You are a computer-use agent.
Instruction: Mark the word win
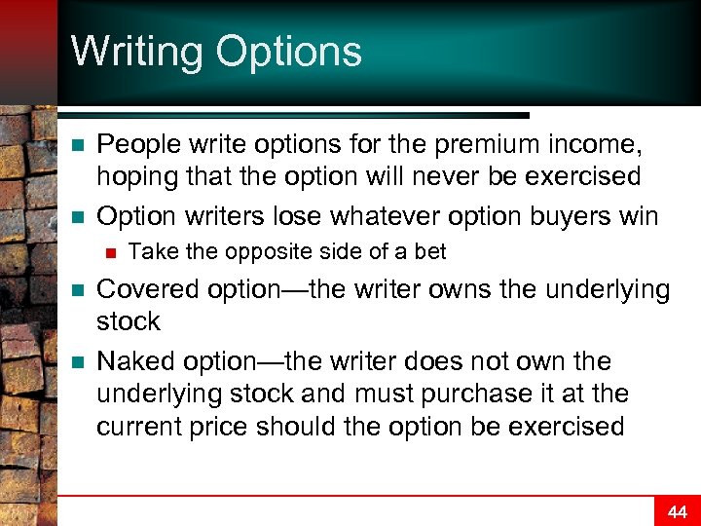(638, 215)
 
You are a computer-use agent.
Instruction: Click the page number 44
(677, 511)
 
